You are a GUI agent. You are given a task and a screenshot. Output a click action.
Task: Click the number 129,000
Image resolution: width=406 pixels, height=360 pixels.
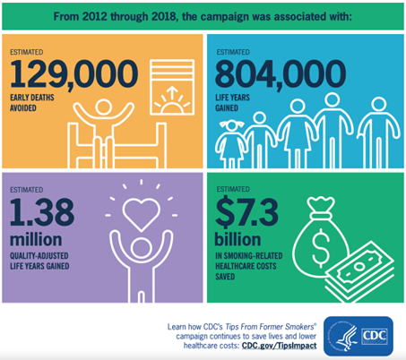[x=73, y=73]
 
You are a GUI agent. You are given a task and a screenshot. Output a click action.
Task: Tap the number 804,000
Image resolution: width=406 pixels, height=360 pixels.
[x=281, y=73]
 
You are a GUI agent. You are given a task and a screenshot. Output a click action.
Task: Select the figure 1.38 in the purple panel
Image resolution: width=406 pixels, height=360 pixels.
[x=42, y=212]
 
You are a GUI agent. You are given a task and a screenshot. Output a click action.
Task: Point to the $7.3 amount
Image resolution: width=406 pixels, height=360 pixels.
[x=246, y=212]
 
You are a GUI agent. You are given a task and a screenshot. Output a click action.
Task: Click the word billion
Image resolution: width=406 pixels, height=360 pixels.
[x=238, y=239]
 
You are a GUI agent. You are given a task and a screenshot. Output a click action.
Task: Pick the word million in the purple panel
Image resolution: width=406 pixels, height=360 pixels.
[x=36, y=240]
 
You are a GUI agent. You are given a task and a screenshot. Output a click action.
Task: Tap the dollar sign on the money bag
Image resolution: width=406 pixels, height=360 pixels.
[x=321, y=248]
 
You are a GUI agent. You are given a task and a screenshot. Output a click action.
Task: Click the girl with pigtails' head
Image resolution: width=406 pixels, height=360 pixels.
[x=231, y=125]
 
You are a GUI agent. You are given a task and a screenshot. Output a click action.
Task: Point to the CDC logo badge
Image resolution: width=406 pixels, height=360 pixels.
[x=358, y=336]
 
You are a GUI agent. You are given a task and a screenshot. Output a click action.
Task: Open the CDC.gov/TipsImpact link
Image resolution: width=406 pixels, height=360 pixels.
[x=279, y=346]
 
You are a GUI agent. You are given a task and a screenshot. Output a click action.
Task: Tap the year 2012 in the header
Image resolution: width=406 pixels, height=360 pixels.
[x=95, y=17]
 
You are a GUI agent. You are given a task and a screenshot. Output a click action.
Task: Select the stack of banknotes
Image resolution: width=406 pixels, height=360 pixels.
[x=359, y=270]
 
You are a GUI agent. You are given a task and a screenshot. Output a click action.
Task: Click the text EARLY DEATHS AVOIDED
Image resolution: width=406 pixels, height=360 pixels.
[x=32, y=103]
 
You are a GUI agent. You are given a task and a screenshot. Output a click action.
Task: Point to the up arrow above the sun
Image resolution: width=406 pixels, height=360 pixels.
[x=172, y=92]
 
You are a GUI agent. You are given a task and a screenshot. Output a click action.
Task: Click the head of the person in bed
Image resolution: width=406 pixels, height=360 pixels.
[x=103, y=107]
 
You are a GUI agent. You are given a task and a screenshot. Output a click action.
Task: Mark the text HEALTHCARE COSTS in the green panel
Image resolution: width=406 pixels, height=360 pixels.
[x=246, y=266]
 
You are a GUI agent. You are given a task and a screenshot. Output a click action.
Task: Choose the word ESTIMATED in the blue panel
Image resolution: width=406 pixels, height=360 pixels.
[x=233, y=52]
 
